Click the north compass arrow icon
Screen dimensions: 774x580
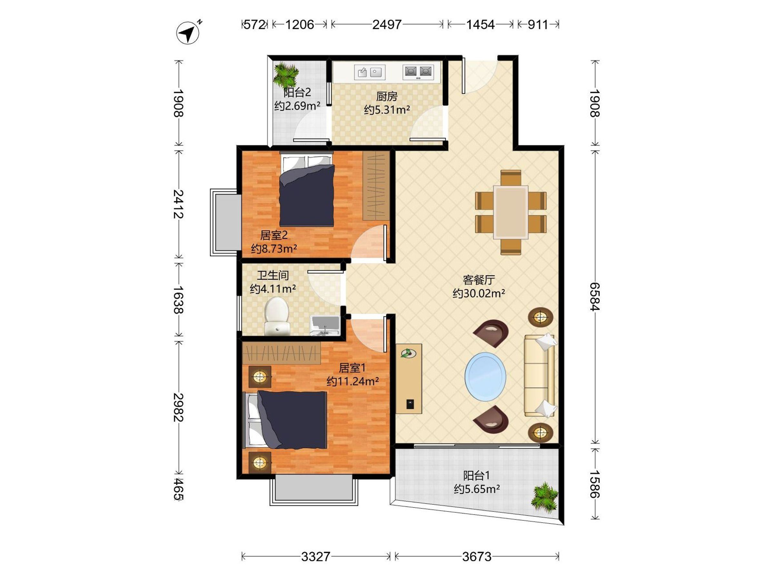pos(188,33)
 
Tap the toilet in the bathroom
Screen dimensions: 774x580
pos(277,316)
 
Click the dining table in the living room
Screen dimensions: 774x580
pos(511,212)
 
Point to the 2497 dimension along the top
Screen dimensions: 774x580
pos(387,24)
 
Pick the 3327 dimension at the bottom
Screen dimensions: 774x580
pos(316,556)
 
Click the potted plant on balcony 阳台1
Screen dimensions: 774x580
pos(544,498)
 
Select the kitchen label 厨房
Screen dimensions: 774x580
pos(387,96)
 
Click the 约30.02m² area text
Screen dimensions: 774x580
pos(479,293)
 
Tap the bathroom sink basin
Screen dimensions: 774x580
pos(325,325)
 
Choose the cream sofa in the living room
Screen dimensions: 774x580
pos(540,375)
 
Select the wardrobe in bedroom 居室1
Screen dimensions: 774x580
pos(281,353)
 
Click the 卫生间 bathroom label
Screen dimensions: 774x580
pos(273,275)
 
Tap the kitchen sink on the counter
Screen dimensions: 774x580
pos(370,72)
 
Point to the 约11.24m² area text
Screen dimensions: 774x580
pos(353,381)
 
